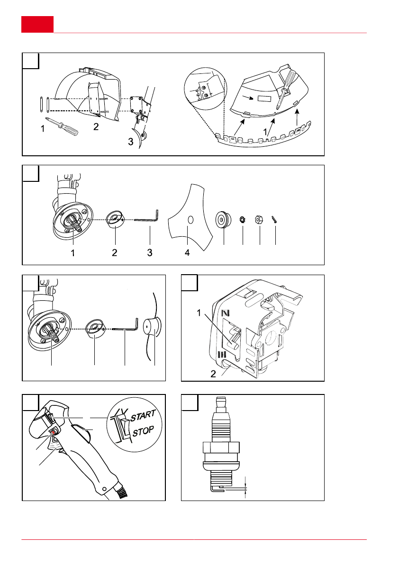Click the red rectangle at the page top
click(37, 24)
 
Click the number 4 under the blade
click(187, 253)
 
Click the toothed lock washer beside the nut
click(242, 219)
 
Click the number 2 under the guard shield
click(96, 127)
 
